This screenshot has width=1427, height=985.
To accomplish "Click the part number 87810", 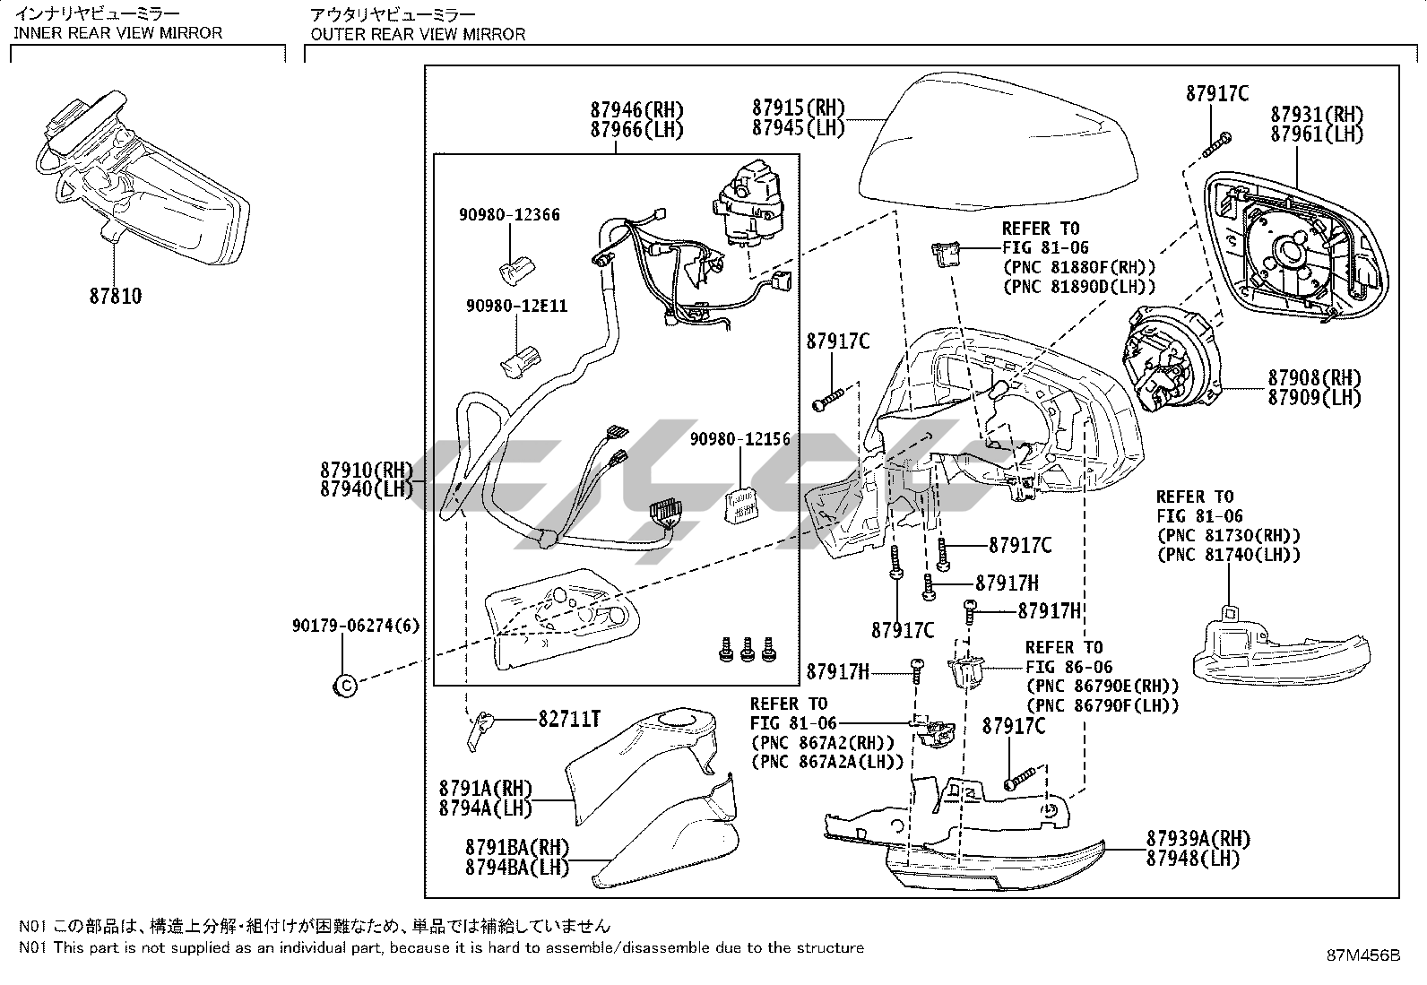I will (115, 296).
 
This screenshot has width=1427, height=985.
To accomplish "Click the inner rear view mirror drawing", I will (143, 179).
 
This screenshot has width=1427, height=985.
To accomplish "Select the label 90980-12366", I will (509, 215).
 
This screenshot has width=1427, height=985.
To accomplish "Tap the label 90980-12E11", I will (516, 307).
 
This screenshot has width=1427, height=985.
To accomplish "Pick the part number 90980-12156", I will (739, 439).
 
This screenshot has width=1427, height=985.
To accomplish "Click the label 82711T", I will (569, 719).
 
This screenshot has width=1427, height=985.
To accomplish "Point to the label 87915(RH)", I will (799, 108).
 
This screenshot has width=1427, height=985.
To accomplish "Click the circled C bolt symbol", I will (344, 687).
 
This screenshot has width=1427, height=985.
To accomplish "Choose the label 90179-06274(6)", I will (355, 626).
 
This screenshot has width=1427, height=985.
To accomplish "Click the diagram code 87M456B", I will (1363, 955).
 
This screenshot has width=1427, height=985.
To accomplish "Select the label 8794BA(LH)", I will (516, 867).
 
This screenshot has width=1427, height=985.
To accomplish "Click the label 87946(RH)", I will (636, 109).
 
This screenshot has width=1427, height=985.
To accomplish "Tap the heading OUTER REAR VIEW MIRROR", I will (418, 34).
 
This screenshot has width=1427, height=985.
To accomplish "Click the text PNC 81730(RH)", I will (1228, 536).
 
